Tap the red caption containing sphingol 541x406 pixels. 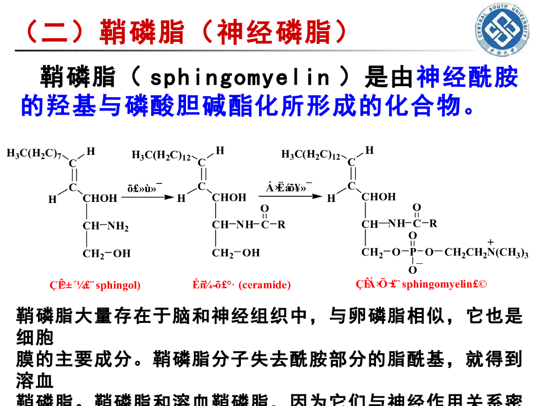(x=95, y=285)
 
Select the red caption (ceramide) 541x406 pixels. (x=242, y=285)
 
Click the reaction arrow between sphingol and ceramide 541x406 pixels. (x=147, y=197)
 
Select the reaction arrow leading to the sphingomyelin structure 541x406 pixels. (x=294, y=197)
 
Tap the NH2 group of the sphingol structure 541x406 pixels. (x=118, y=227)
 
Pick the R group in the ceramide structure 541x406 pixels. (x=282, y=225)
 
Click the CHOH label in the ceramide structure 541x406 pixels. (x=229, y=198)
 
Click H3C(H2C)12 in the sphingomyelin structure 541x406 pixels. (x=310, y=155)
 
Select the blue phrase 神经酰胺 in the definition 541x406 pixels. (x=467, y=78)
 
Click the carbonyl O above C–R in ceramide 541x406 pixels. (x=265, y=209)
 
